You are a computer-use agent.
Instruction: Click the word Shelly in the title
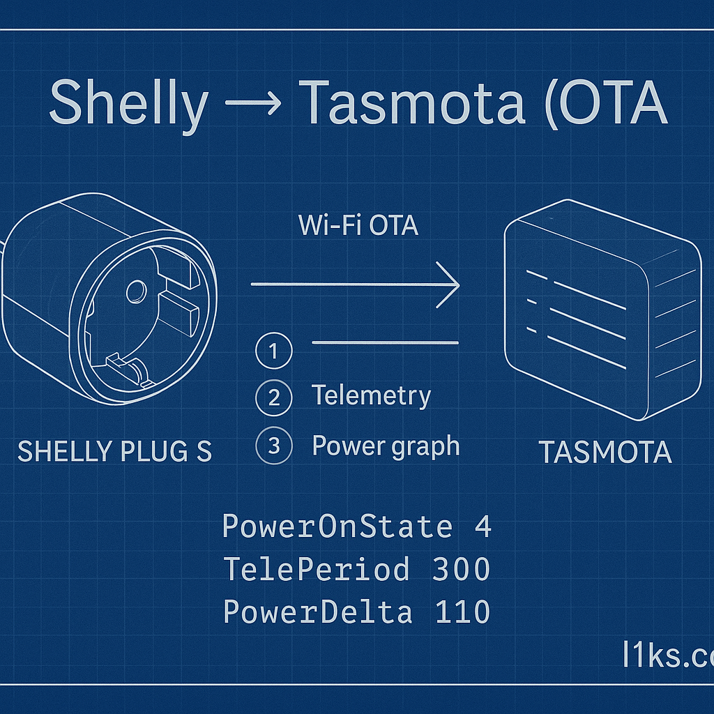(x=128, y=103)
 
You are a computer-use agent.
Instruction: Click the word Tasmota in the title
(x=411, y=103)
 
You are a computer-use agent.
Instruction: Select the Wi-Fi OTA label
(x=358, y=226)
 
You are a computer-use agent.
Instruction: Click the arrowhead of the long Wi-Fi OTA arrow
(x=450, y=284)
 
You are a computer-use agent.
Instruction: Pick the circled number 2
(x=273, y=398)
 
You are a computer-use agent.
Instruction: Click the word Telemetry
(x=371, y=395)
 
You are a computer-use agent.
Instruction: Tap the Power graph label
(x=386, y=446)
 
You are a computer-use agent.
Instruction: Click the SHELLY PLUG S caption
(x=114, y=453)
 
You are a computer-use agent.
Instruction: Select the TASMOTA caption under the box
(x=605, y=454)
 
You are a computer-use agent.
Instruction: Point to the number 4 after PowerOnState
(x=483, y=526)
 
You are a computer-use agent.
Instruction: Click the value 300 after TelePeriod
(x=462, y=570)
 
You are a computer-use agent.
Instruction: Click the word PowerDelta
(x=317, y=612)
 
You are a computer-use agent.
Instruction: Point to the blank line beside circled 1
(x=385, y=342)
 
